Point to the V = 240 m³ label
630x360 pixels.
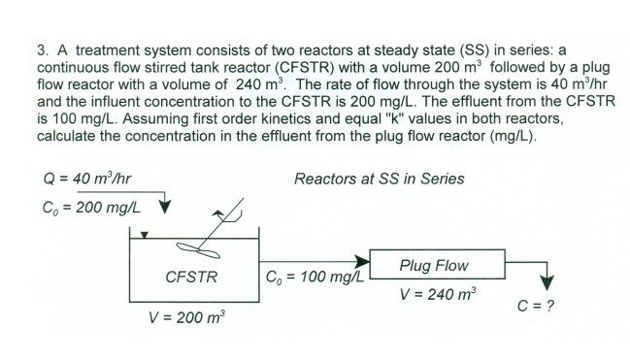[433, 294]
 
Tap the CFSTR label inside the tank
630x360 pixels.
[189, 276]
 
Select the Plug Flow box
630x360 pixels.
[433, 265]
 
